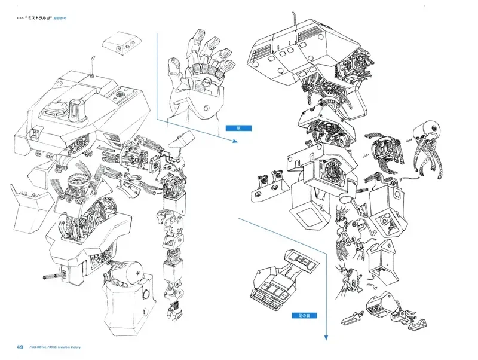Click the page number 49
(20, 347)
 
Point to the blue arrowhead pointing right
(234, 142)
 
